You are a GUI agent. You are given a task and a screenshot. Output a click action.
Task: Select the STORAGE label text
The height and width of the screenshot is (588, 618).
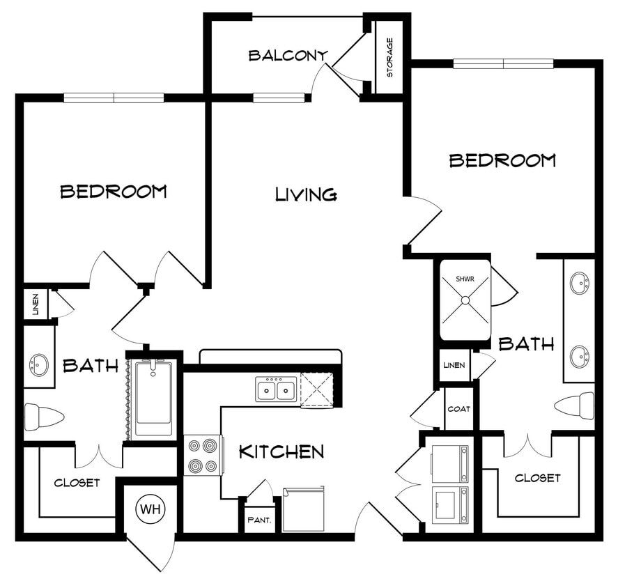(x=389, y=56)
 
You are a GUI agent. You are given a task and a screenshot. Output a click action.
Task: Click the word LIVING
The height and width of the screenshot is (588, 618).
(x=306, y=194)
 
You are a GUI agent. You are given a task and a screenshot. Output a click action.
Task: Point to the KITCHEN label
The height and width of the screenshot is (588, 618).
(x=281, y=451)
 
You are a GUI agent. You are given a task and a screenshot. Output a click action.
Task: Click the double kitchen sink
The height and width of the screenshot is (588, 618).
(x=276, y=389)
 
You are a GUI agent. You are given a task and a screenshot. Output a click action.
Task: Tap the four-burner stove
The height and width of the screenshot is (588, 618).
(x=203, y=455)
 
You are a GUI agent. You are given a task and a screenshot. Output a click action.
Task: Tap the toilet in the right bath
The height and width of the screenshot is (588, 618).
(x=575, y=403)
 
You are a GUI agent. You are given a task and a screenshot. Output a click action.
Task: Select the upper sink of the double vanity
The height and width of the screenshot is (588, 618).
(x=580, y=284)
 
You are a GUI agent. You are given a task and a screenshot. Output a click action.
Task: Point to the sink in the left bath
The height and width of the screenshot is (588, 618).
(x=39, y=364)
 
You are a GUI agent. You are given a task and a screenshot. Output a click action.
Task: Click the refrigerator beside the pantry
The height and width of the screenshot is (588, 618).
(x=304, y=509)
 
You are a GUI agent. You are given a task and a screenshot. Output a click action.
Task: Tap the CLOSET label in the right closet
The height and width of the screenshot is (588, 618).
(x=537, y=478)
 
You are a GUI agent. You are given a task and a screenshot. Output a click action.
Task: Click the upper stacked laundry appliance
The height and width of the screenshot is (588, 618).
(x=449, y=463)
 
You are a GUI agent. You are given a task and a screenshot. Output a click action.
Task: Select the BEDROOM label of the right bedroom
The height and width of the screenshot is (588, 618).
(x=502, y=160)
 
